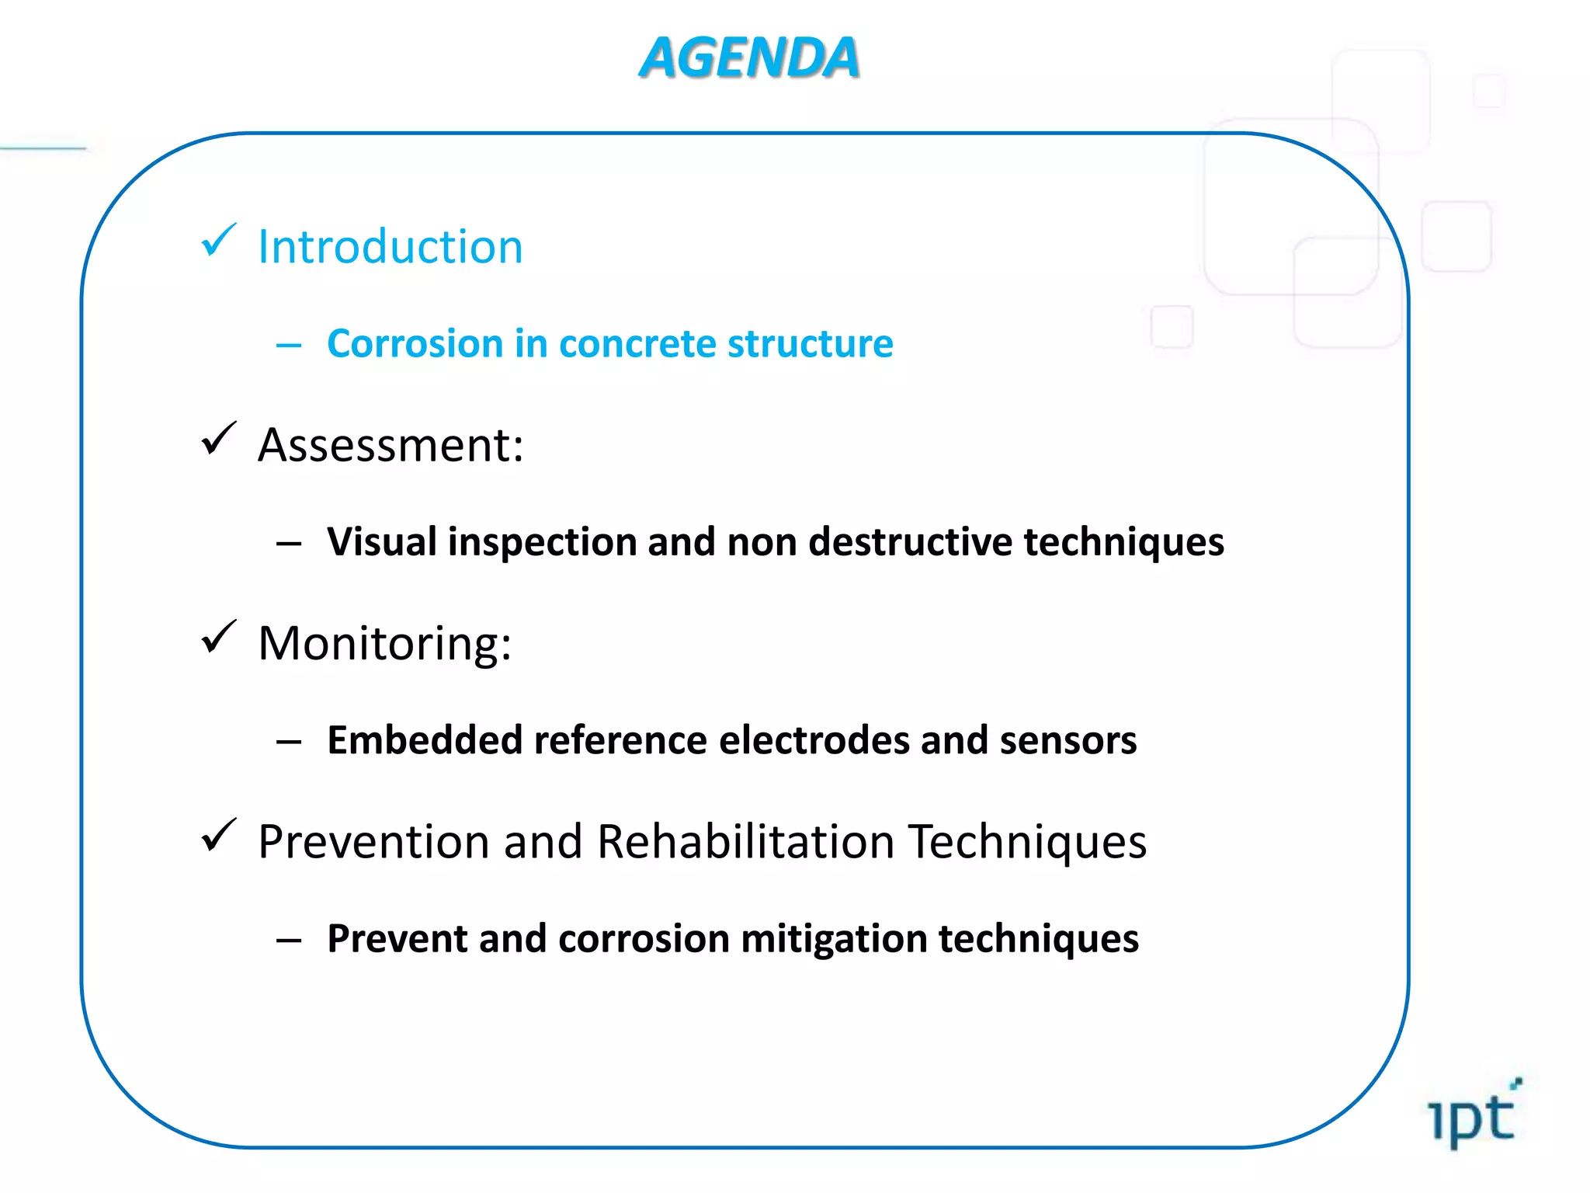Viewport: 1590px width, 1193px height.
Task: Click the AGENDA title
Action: (749, 58)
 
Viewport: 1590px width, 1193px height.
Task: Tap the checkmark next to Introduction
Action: (218, 240)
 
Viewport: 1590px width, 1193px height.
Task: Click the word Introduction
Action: (391, 247)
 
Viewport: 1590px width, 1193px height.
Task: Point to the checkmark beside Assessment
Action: (218, 439)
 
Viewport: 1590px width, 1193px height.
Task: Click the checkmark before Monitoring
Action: (218, 637)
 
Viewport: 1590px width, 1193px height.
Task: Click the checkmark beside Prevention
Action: (218, 836)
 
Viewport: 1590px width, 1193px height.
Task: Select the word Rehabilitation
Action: (745, 841)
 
